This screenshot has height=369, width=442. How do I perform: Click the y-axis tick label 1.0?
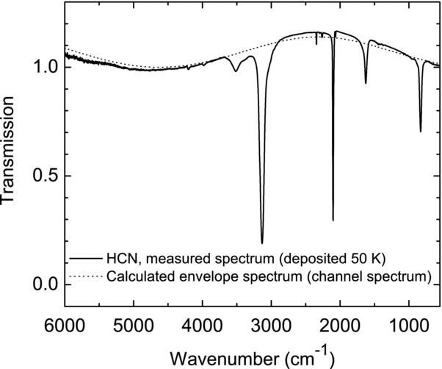pyautogui.click(x=46, y=67)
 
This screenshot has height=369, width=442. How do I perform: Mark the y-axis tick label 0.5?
pyautogui.click(x=46, y=176)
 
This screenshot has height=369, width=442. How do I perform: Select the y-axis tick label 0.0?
pyautogui.click(x=46, y=284)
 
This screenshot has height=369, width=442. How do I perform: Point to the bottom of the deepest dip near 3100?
pyautogui.click(x=262, y=243)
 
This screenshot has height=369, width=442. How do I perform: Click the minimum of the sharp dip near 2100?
pyautogui.click(x=333, y=220)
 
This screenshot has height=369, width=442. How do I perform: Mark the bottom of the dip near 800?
pyautogui.click(x=420, y=131)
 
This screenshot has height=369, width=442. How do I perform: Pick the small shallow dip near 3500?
pyautogui.click(x=236, y=71)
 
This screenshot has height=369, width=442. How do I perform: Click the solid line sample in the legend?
pyautogui.click(x=86, y=259)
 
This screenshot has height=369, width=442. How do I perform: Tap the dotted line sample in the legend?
pyautogui.click(x=86, y=277)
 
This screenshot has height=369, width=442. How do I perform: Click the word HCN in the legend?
pyautogui.click(x=120, y=259)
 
